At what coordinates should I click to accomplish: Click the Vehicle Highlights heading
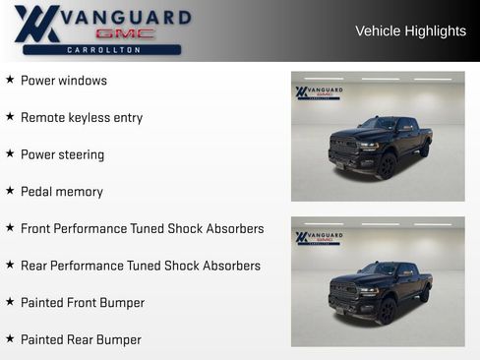click(410, 31)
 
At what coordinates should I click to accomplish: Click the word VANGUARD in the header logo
click(126, 17)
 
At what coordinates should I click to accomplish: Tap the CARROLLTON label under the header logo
click(102, 49)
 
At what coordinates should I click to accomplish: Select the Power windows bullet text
click(64, 81)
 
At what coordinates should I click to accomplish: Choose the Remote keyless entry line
click(82, 118)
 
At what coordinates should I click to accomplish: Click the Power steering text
click(62, 154)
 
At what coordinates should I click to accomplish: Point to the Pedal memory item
click(62, 192)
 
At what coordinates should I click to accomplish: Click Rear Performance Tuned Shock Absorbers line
click(141, 266)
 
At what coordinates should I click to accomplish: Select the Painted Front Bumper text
click(83, 303)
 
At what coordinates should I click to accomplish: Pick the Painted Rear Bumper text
click(81, 339)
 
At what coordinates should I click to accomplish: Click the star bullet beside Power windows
click(10, 80)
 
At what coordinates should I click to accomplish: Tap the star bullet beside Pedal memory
click(10, 191)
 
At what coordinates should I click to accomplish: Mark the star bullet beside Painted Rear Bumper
click(10, 338)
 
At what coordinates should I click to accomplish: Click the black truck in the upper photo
click(380, 148)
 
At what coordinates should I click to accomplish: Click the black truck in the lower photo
click(380, 292)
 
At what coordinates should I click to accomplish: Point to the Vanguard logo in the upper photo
click(319, 92)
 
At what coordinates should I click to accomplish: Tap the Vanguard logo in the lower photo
click(319, 238)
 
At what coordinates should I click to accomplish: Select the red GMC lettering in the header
click(124, 33)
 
